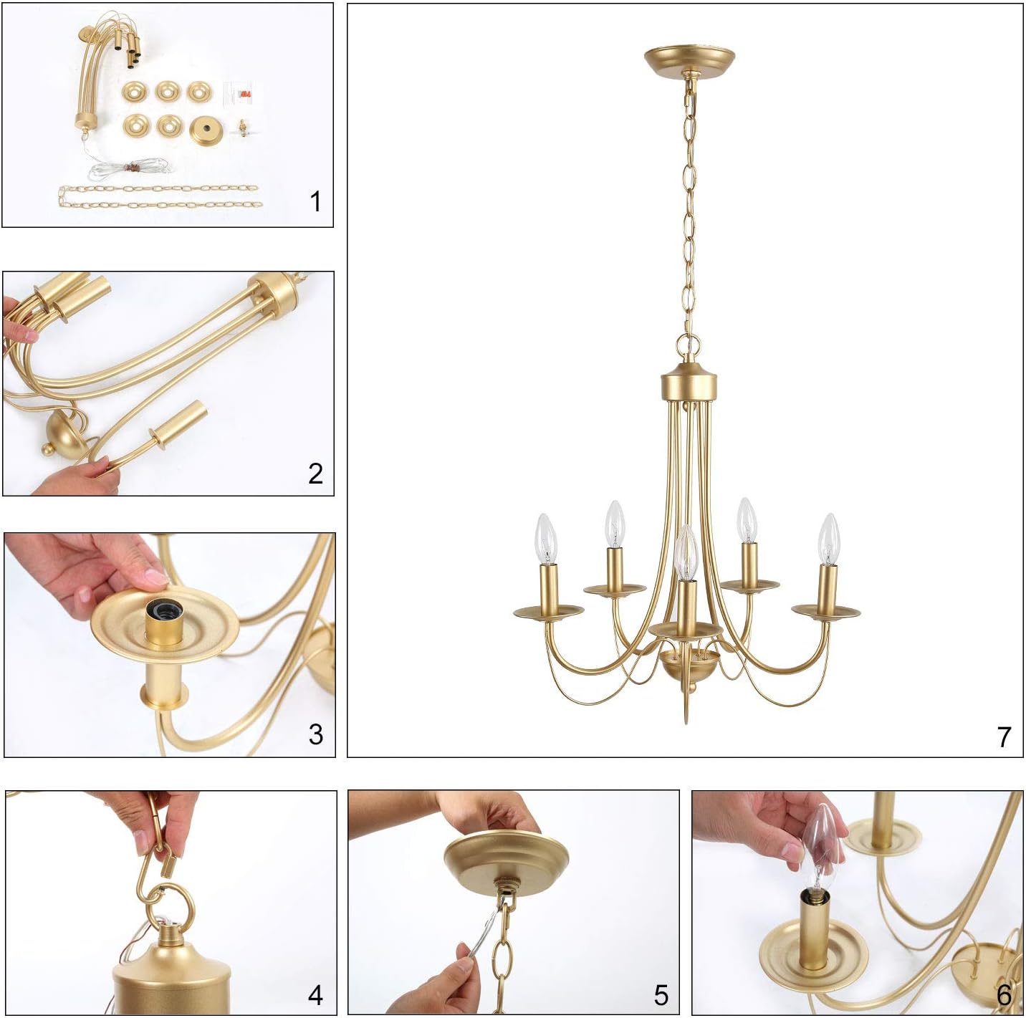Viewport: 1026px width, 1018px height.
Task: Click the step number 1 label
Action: [x=315, y=202]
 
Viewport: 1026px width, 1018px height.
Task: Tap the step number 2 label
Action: [x=315, y=473]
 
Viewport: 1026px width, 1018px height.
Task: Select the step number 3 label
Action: [x=315, y=734]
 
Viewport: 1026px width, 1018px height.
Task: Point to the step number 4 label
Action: [x=315, y=994]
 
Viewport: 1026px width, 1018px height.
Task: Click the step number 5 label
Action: [x=661, y=994]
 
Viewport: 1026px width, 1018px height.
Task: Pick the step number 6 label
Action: [x=1004, y=994]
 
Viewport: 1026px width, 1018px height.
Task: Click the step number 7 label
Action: [x=1004, y=736]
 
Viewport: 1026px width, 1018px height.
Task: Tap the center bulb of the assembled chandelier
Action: [x=686, y=553]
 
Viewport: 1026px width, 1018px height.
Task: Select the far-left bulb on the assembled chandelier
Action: [x=547, y=538]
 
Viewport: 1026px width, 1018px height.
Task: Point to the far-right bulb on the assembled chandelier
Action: [x=829, y=538]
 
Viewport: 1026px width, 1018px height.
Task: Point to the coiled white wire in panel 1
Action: [x=129, y=169]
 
